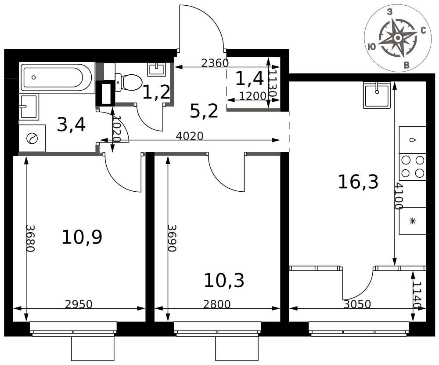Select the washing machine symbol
tap(32, 139)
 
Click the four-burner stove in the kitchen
tap(412, 167)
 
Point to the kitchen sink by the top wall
tap(377, 95)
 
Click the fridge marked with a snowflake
tap(412, 221)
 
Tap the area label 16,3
tap(358, 182)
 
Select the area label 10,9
tap(82, 237)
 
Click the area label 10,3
tap(224, 280)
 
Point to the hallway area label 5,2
tap(204, 110)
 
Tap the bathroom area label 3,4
tap(71, 124)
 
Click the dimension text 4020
tap(190, 136)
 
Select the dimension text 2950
tap(79, 304)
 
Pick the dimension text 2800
tap(217, 304)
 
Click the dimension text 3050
tap(357, 304)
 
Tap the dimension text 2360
tap(215, 63)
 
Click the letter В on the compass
tap(407, 66)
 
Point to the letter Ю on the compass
tap(371, 47)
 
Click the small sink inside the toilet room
tap(157, 69)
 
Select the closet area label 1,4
tap(249, 78)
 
